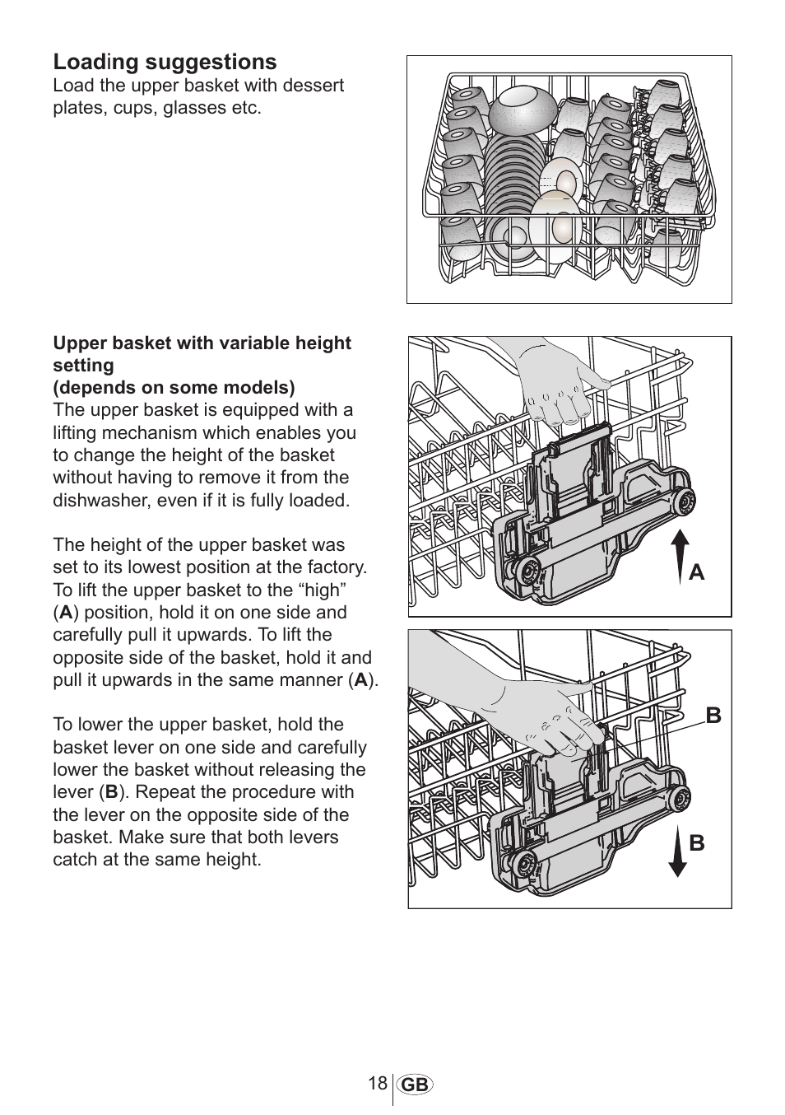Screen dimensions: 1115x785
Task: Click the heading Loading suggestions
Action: click(x=165, y=62)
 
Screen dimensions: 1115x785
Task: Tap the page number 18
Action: click(x=378, y=1083)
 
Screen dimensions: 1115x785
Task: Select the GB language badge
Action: click(x=416, y=1085)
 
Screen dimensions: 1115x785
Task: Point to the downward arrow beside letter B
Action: click(x=677, y=853)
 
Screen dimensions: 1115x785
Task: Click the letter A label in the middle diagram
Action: click(x=697, y=571)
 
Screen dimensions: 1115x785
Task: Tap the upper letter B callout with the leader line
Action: click(x=713, y=716)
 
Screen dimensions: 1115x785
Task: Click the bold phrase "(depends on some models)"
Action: click(x=174, y=387)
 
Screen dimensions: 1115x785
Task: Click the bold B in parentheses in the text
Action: click(x=111, y=792)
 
